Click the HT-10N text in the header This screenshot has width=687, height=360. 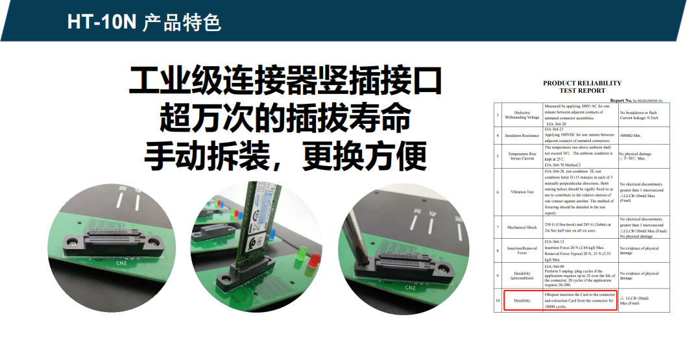click(101, 21)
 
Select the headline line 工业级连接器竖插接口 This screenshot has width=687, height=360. click(285, 81)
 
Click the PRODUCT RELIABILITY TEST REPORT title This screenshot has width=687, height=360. click(582, 87)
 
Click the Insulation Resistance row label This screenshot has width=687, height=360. click(522, 136)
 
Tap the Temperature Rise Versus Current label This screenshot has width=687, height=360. click(522, 156)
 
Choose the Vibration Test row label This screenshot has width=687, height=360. click(522, 191)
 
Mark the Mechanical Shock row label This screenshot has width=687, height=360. click(522, 228)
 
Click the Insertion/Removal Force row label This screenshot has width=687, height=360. click(522, 250)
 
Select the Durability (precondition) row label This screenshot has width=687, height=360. click(522, 276)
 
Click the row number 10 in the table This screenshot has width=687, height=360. click(497, 301)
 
